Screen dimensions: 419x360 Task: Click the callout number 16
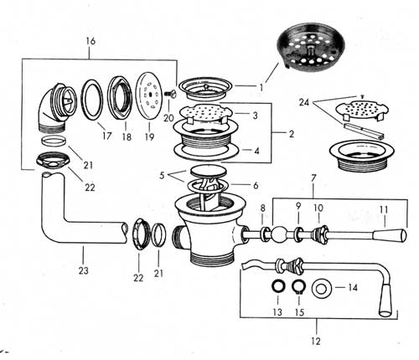pos(91,41)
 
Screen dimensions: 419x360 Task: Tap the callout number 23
pos(83,270)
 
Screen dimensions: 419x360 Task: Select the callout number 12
pos(316,341)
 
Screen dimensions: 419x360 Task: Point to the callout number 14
pos(353,287)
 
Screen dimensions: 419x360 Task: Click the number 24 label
pos(304,102)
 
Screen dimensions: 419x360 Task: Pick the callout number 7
pos(313,177)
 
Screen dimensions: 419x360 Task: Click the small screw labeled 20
pos(169,95)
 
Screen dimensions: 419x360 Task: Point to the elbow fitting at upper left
pos(55,107)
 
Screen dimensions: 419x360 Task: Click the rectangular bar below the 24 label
pos(364,131)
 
